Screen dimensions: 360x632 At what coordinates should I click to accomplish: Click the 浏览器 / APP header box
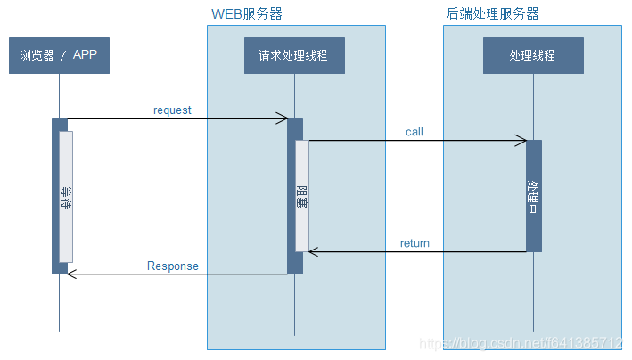59,55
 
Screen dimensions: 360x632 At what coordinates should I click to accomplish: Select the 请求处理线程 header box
294,55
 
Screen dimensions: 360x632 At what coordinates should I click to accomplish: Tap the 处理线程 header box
532,55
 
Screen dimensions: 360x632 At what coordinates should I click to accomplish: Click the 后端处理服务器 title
492,14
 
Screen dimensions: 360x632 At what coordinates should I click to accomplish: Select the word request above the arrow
172,110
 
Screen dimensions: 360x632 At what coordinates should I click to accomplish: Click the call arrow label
414,132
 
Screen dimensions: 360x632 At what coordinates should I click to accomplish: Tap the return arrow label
414,243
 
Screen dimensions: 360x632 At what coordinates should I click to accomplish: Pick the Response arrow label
173,266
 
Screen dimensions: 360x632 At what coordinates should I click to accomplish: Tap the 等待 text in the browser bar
65,197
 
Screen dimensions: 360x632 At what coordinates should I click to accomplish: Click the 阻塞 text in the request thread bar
302,197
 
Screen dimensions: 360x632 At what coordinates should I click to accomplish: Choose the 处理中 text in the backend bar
533,197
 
